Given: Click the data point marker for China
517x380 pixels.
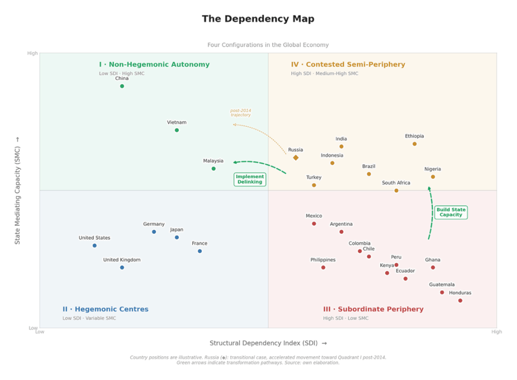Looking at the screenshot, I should pyautogui.click(x=122, y=86).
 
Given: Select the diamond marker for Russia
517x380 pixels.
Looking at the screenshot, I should pyautogui.click(x=296, y=158).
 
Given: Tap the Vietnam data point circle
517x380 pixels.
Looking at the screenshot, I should pyautogui.click(x=177, y=130).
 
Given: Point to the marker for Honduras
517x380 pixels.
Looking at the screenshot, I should pyautogui.click(x=460, y=300).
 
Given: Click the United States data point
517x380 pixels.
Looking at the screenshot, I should pyautogui.click(x=94, y=246).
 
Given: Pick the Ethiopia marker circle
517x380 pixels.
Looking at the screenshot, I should pyautogui.click(x=415, y=144).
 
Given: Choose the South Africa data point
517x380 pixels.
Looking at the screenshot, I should pyautogui.click(x=396, y=191).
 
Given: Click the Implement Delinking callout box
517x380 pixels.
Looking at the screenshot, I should pyautogui.click(x=250, y=179).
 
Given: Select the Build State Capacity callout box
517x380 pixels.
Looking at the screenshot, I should pyautogui.click(x=451, y=212).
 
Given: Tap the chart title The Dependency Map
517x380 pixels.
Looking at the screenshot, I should pyautogui.click(x=258, y=19).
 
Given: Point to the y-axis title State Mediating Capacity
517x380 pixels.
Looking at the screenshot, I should pyautogui.click(x=18, y=190).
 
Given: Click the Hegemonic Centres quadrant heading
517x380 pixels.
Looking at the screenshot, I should pyautogui.click(x=105, y=309).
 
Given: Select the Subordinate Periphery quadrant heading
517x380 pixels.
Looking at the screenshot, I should pyautogui.click(x=373, y=309).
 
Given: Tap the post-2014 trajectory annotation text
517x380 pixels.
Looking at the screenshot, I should pyautogui.click(x=241, y=113).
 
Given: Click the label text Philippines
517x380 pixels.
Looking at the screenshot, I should pyautogui.click(x=323, y=260).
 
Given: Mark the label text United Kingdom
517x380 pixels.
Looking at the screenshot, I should pyautogui.click(x=122, y=260).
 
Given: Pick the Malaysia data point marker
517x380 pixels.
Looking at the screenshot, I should pyautogui.click(x=214, y=168).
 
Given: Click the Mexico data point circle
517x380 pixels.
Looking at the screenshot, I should pyautogui.click(x=314, y=223).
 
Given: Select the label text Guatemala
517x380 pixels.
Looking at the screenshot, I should pyautogui.click(x=442, y=284).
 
